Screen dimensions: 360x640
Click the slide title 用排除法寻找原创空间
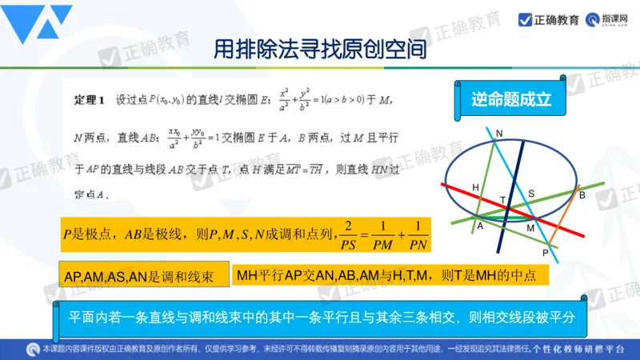[x=319, y=50]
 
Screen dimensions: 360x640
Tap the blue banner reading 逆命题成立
[x=511, y=100]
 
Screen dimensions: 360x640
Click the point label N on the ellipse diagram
[x=499, y=133]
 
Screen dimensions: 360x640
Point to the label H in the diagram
[x=475, y=187]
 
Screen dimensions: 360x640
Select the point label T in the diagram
[x=503, y=200]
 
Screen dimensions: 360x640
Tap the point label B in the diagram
[x=582, y=195]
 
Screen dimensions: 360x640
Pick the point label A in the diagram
[x=480, y=226]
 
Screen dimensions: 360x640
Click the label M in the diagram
[x=530, y=229]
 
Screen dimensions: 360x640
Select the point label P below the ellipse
[x=546, y=253]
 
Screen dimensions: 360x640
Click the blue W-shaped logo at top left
[x=39, y=24]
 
